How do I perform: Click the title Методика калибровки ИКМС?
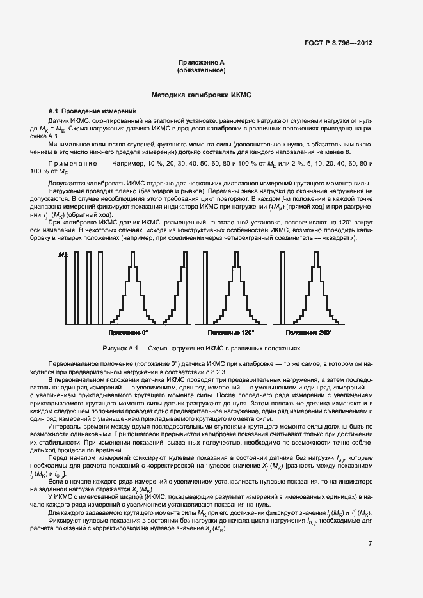[201, 95]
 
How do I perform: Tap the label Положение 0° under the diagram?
[128, 333]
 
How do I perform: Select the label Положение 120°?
[231, 333]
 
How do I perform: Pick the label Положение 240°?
[309, 333]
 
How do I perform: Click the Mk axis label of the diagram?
[62, 255]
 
